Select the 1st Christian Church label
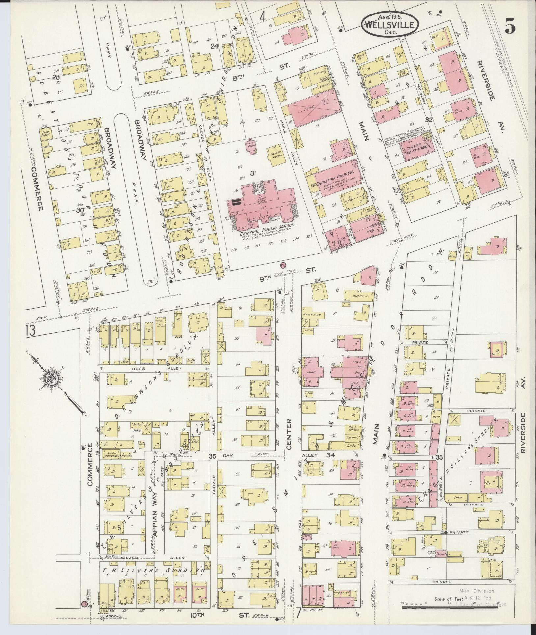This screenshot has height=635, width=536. coord(333,175)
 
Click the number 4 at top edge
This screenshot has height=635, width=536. coord(262,16)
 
